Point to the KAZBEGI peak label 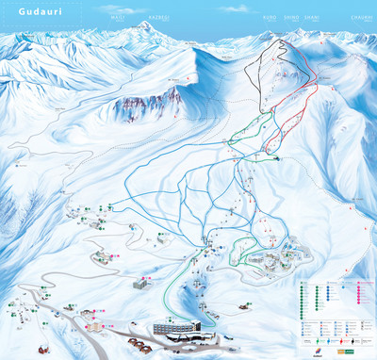[157, 14]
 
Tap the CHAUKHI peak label [358, 14]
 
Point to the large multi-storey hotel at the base [187, 328]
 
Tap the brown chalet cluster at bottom [141, 345]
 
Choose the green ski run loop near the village [243, 247]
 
